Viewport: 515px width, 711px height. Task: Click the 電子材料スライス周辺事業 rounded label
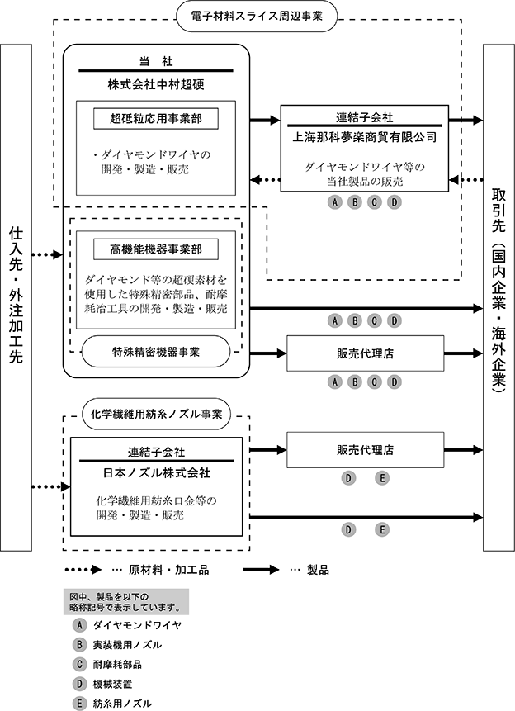click(257, 17)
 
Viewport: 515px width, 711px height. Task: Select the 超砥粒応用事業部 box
click(156, 119)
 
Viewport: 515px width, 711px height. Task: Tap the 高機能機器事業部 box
click(156, 249)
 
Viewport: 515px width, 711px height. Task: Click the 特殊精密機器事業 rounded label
click(156, 352)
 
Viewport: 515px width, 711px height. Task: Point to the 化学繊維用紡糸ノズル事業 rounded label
click(157, 414)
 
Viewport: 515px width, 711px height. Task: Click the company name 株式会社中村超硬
click(156, 84)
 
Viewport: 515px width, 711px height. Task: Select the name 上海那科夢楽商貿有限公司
click(365, 136)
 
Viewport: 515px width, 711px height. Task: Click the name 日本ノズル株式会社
click(157, 473)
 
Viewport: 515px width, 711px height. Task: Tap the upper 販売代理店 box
click(366, 353)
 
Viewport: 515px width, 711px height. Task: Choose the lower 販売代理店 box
click(366, 450)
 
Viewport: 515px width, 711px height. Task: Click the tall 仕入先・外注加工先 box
click(17, 297)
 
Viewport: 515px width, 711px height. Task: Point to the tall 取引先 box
click(498, 297)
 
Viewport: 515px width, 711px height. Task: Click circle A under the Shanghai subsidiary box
click(334, 202)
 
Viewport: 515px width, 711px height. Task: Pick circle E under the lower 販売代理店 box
click(382, 478)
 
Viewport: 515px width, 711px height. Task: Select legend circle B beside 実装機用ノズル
click(79, 644)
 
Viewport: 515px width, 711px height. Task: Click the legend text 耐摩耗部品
click(117, 664)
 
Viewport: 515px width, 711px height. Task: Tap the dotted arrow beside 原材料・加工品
click(83, 570)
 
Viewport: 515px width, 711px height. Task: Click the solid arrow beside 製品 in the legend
click(261, 570)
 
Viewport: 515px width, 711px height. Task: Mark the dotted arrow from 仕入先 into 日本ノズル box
click(51, 487)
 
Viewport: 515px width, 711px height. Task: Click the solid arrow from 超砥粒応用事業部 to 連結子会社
click(265, 121)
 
